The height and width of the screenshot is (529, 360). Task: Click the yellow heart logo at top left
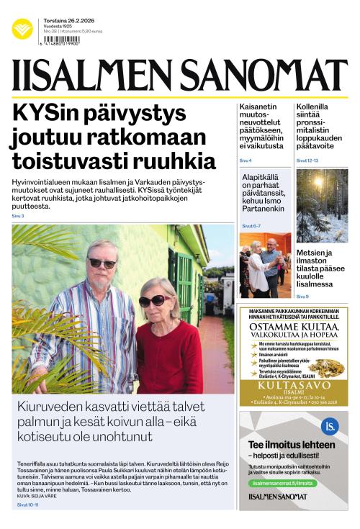(x=22, y=29)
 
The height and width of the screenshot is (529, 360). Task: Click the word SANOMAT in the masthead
(x=264, y=76)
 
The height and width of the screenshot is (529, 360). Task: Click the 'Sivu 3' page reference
(x=18, y=216)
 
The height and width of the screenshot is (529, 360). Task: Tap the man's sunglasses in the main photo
(x=102, y=263)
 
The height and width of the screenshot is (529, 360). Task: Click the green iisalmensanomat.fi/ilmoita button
(x=283, y=483)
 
